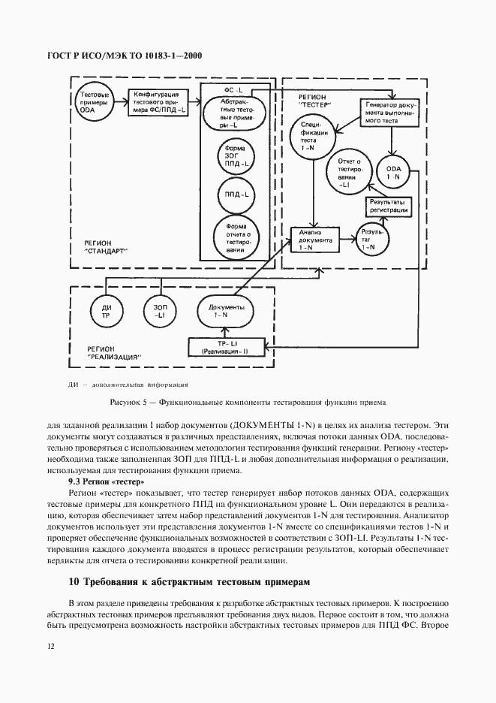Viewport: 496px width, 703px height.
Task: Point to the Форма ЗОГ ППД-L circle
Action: point(231,156)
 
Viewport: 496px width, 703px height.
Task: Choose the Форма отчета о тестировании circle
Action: point(231,236)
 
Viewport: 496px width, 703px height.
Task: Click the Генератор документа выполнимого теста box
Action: point(389,111)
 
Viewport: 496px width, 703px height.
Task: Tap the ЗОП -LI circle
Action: point(160,311)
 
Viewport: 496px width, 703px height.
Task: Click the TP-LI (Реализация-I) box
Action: point(227,346)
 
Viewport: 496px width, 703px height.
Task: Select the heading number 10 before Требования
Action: point(73,581)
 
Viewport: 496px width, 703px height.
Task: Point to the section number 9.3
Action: point(75,481)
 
